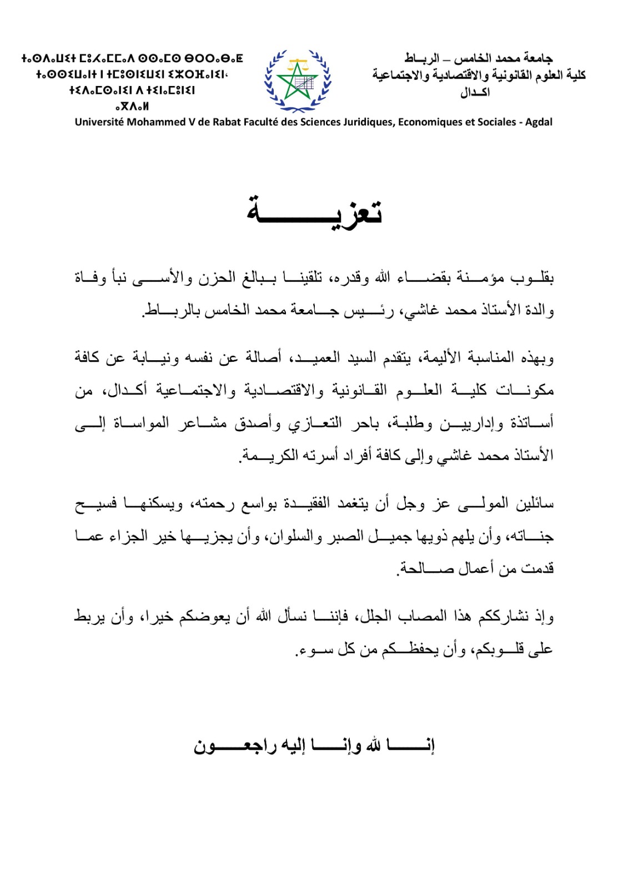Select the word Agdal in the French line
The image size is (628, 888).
tap(539, 122)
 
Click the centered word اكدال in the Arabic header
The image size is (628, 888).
tap(475, 92)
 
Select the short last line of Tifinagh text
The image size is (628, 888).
tap(132, 106)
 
